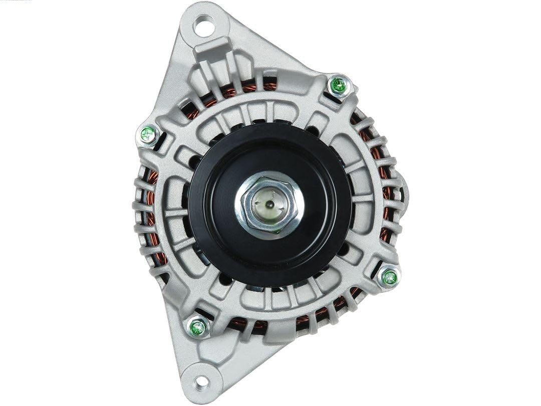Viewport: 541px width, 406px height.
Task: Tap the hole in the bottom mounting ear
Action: [x=201, y=382]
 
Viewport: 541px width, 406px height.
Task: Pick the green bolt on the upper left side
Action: [x=147, y=134]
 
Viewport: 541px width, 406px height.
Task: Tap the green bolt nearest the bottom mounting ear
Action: [x=198, y=328]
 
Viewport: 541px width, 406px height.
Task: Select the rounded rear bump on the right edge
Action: [x=403, y=193]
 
